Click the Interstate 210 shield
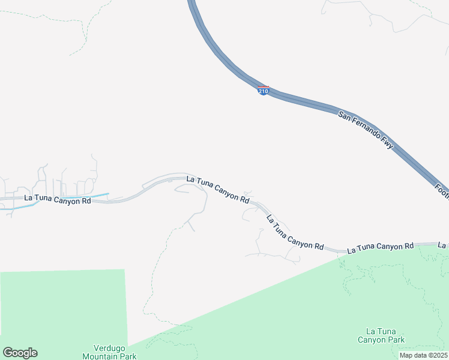click(x=263, y=91)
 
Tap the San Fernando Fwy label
click(x=366, y=130)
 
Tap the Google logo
click(x=20, y=353)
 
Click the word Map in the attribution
click(x=406, y=355)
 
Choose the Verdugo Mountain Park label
click(x=115, y=352)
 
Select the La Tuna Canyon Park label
click(x=385, y=335)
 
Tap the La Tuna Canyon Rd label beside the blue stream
click(x=58, y=199)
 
